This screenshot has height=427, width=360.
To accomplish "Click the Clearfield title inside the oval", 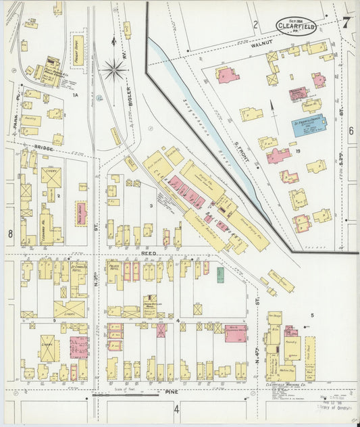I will [299, 28].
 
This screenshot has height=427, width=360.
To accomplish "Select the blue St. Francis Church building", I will [309, 126].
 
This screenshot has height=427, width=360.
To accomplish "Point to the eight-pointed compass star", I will [115, 68].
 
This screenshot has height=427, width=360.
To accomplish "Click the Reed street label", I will [149, 253].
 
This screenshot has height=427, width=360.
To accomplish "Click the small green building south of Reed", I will [220, 274].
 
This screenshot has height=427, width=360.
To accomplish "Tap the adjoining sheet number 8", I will [10, 234].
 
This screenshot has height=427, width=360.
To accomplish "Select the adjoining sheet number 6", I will [351, 130].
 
